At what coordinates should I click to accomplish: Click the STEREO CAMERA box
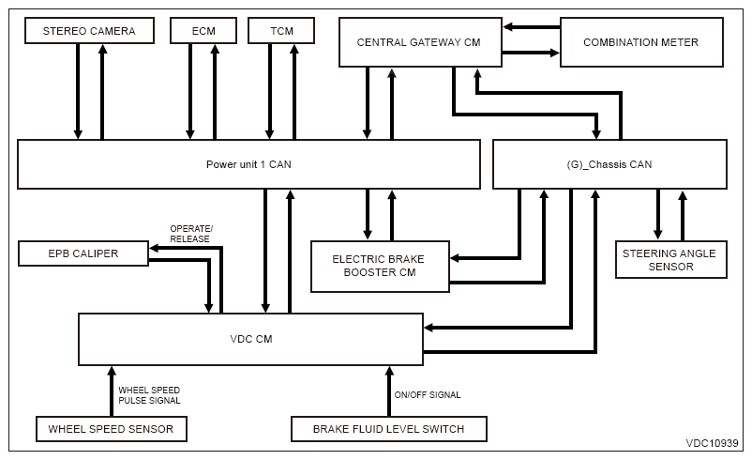click(x=89, y=31)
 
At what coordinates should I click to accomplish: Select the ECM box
click(x=203, y=31)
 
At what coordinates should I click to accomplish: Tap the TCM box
click(x=281, y=31)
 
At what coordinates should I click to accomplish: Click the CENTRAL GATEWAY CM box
click(x=420, y=42)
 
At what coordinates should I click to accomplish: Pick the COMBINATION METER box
click(x=641, y=42)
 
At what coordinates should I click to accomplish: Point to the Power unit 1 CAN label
click(x=248, y=164)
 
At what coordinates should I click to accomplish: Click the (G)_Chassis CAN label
click(x=609, y=164)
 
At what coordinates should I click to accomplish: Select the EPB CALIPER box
click(x=83, y=253)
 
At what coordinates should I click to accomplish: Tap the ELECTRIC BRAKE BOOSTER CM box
click(x=380, y=266)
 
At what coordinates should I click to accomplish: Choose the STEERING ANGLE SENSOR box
click(x=671, y=260)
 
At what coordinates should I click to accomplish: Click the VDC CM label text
click(x=251, y=339)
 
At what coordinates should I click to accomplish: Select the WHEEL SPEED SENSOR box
click(x=112, y=429)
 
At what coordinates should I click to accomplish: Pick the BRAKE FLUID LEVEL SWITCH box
click(x=389, y=429)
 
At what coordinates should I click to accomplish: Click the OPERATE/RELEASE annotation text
click(x=191, y=234)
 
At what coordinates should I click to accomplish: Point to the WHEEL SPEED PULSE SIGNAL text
click(x=149, y=395)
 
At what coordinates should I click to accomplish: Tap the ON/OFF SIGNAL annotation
click(x=428, y=394)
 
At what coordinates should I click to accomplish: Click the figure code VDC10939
click(x=713, y=443)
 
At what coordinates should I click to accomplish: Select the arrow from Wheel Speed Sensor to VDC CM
click(x=112, y=391)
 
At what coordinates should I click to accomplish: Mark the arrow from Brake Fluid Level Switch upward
click(x=389, y=391)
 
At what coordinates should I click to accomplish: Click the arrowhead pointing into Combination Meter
click(x=555, y=53)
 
